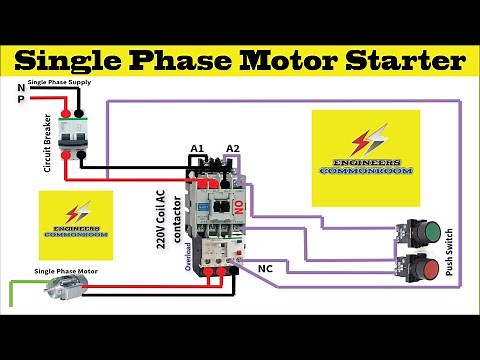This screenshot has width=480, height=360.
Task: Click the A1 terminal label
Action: (x=198, y=150)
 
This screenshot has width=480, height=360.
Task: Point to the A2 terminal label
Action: (x=233, y=150)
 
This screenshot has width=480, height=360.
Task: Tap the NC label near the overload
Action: (x=265, y=269)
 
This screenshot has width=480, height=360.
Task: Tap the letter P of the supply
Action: (x=21, y=100)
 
